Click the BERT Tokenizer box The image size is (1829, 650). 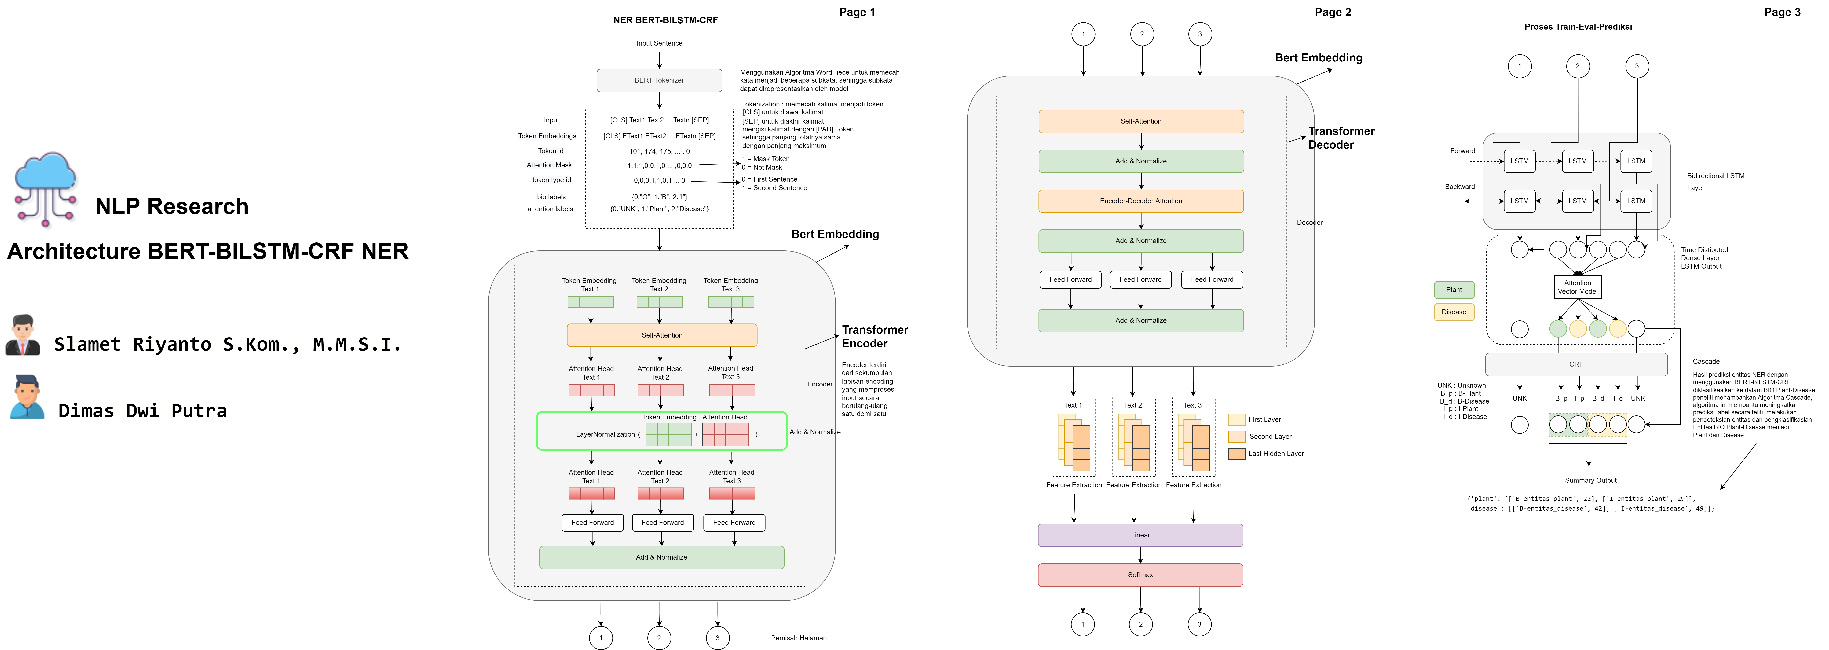(659, 80)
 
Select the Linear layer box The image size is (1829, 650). (1140, 535)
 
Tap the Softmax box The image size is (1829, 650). (1140, 575)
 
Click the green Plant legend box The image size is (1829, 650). (1453, 290)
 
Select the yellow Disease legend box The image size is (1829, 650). (1453, 312)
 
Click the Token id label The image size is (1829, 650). (550, 151)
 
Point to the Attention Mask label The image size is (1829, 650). (549, 165)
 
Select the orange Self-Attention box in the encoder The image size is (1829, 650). (662, 335)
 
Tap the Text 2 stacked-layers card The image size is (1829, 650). (1133, 437)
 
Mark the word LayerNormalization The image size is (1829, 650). (605, 434)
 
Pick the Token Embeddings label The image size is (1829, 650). (547, 136)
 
